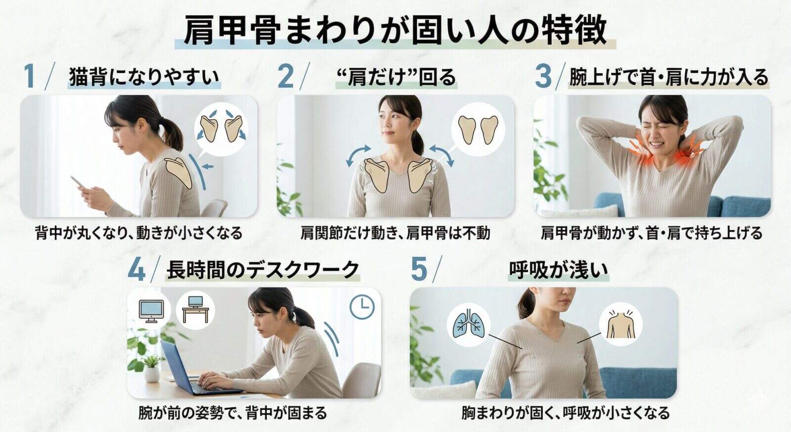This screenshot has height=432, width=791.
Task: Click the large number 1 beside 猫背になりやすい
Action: (30, 76)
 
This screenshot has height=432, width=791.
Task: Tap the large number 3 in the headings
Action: (543, 76)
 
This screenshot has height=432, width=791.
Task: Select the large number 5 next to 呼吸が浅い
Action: (419, 270)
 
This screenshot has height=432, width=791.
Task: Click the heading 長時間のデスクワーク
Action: (263, 270)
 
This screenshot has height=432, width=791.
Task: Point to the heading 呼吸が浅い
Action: (559, 270)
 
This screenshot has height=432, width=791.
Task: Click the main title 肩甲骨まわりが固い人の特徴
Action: (395, 30)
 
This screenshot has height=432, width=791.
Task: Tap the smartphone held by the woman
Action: (78, 181)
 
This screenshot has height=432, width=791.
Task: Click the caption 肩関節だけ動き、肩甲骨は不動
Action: (395, 234)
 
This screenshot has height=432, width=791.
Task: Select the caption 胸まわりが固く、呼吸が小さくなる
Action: (566, 413)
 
